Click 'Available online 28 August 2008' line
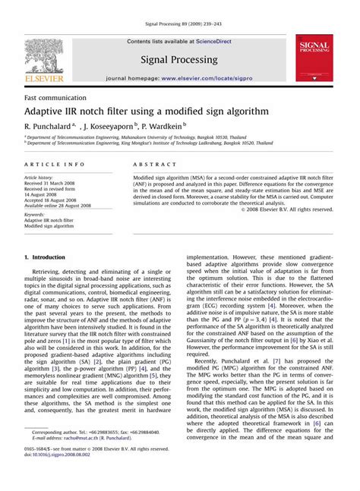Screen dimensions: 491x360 62,205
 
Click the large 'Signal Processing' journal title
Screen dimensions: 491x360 180,58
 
